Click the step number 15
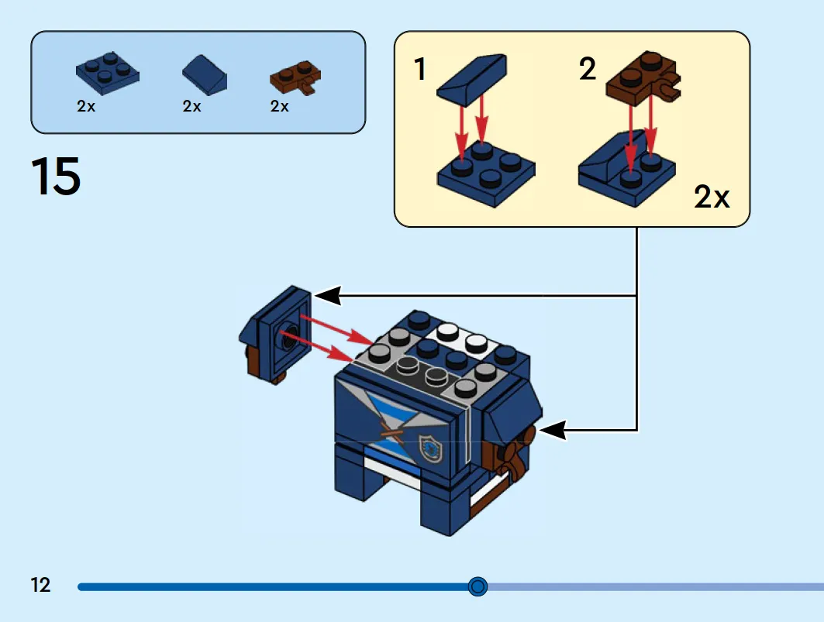click(56, 176)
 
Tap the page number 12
click(40, 585)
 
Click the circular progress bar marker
click(478, 586)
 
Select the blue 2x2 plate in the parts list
click(108, 73)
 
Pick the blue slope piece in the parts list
click(205, 74)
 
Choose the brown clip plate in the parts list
click(295, 77)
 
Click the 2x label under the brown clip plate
click(280, 107)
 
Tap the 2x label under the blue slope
click(191, 107)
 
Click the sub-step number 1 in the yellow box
click(420, 69)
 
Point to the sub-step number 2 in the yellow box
click(588, 69)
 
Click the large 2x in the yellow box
click(712, 197)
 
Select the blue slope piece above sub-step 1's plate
click(472, 80)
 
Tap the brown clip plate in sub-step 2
click(643, 77)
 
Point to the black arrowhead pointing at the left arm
click(327, 295)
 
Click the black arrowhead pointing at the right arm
click(553, 430)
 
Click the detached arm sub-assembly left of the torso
click(275, 335)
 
